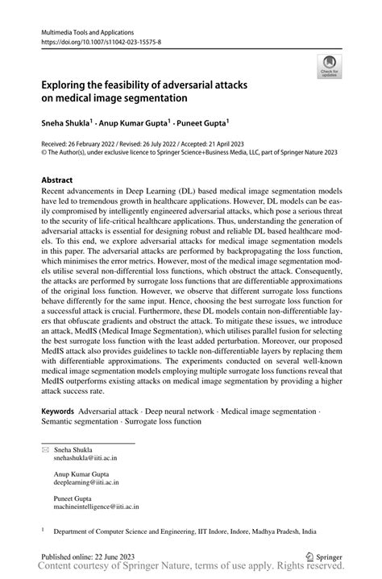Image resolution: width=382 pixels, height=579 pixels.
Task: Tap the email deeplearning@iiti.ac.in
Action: click(x=86, y=483)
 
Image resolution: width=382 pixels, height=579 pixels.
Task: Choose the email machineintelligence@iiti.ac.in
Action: click(x=96, y=508)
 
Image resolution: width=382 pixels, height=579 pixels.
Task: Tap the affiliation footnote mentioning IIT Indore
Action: click(x=185, y=531)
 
